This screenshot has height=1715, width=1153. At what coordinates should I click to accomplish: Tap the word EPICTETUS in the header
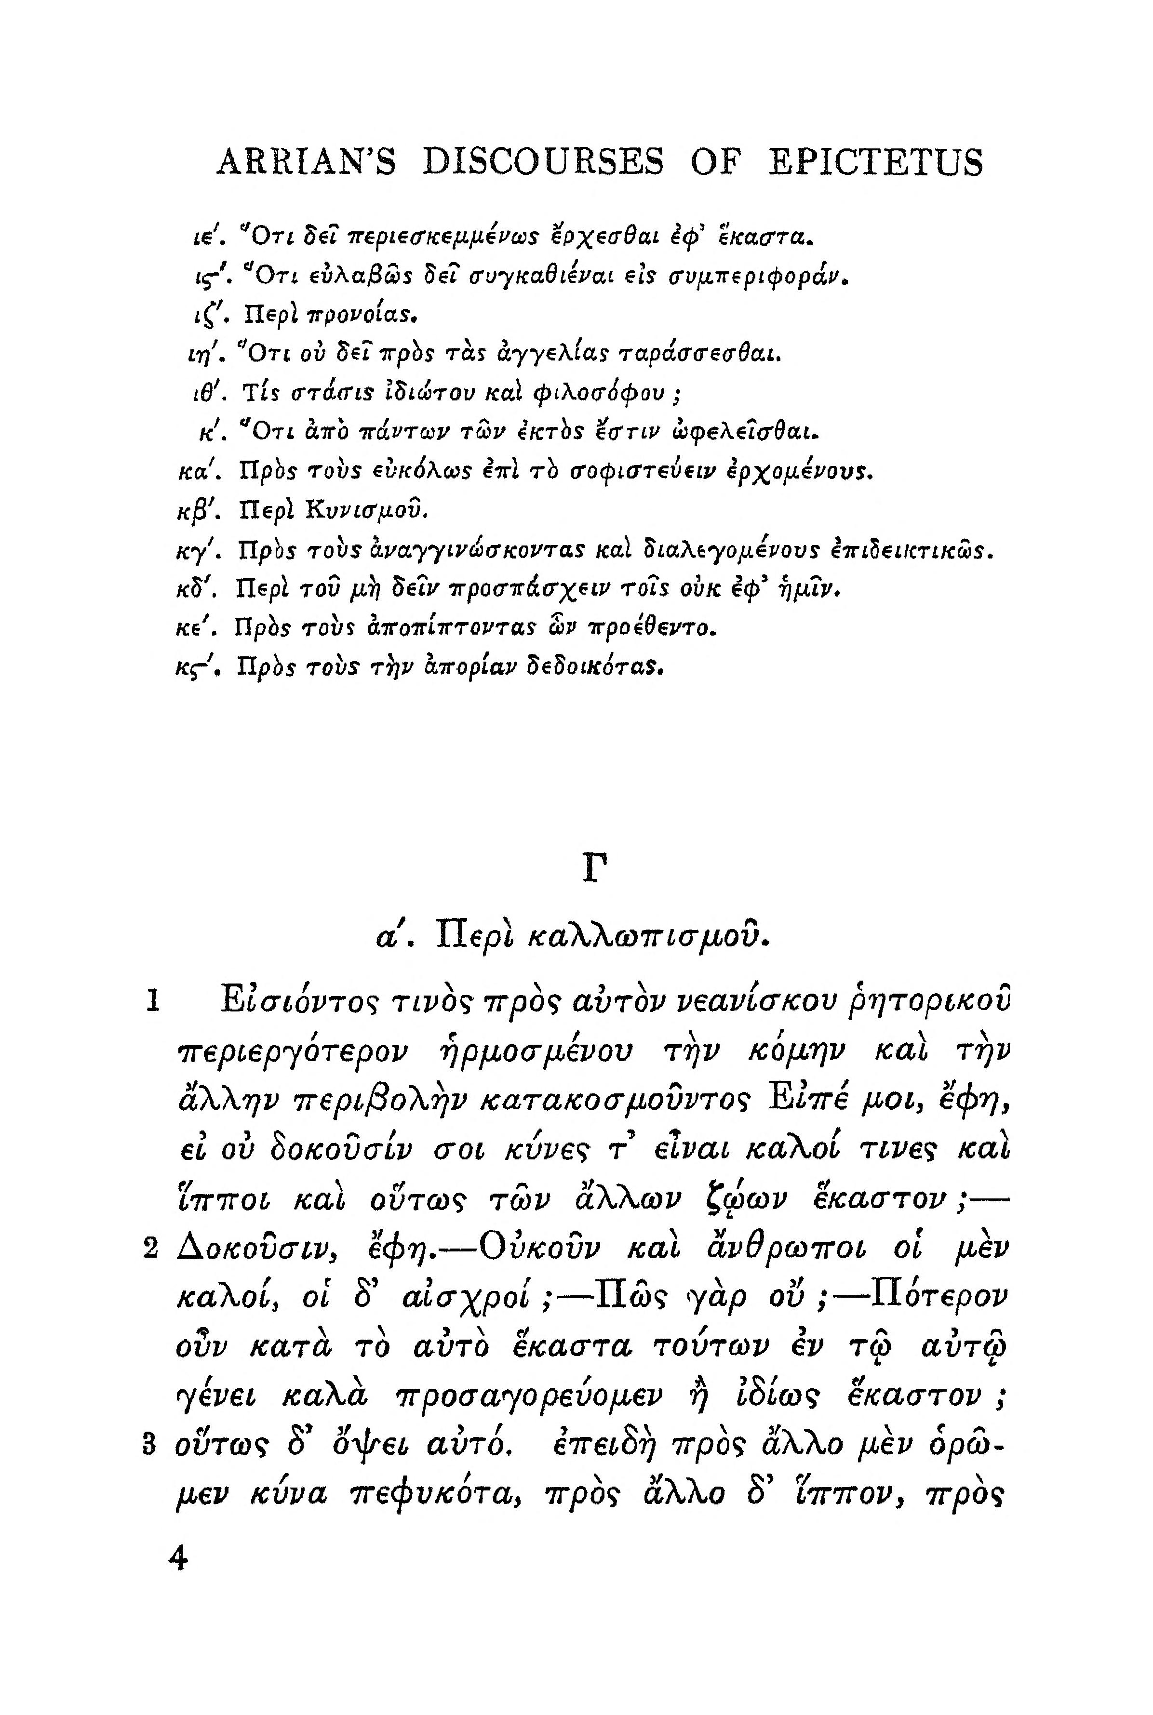(874, 162)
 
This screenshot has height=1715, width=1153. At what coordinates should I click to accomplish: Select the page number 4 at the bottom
(178, 1557)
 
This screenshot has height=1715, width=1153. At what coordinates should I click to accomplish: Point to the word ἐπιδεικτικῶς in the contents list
(912, 548)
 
